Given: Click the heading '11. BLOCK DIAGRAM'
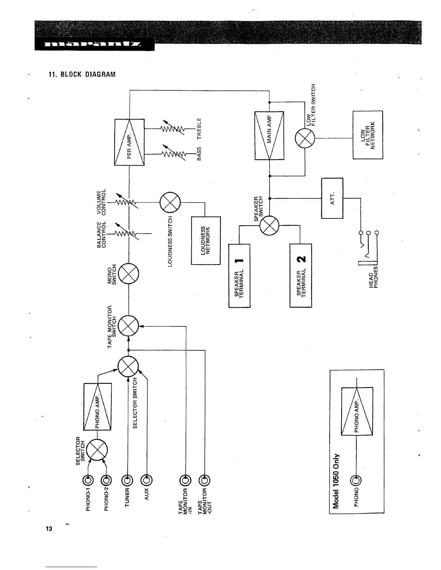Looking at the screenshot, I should pyautogui.click(x=82, y=75).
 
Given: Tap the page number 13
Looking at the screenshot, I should pyautogui.click(x=49, y=529).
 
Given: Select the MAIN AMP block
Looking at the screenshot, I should pyautogui.click(x=269, y=136).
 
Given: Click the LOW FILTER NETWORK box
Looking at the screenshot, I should pyautogui.click(x=367, y=135).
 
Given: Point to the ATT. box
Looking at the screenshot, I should pyautogui.click(x=332, y=198).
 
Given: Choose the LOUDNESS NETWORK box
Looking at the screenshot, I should pyautogui.click(x=205, y=240).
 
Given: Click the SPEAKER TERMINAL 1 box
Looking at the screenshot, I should pyautogui.click(x=239, y=276).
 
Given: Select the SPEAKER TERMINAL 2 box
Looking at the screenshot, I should pyautogui.click(x=300, y=276).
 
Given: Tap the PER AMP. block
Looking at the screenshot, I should pyautogui.click(x=129, y=142).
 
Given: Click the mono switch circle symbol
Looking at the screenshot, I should pyautogui.click(x=129, y=274).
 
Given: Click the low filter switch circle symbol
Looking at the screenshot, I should pyautogui.click(x=305, y=139).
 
